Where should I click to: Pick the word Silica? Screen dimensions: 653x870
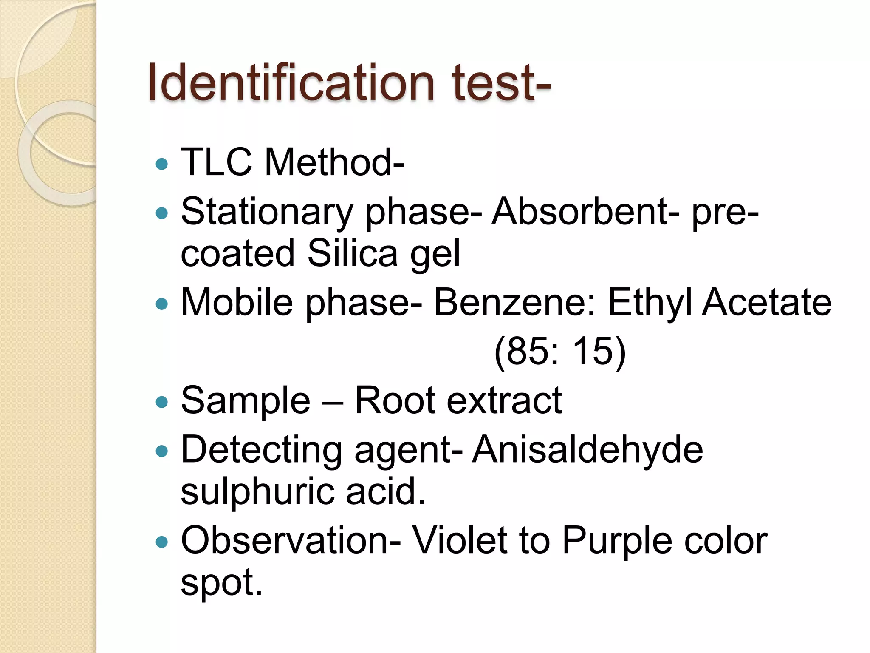[x=352, y=253]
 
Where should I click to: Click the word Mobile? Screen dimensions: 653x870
[x=237, y=302]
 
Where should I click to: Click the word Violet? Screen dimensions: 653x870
[x=460, y=540]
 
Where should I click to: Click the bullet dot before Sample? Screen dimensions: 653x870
[x=162, y=402]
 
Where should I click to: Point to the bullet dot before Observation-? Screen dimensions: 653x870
[x=162, y=542]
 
